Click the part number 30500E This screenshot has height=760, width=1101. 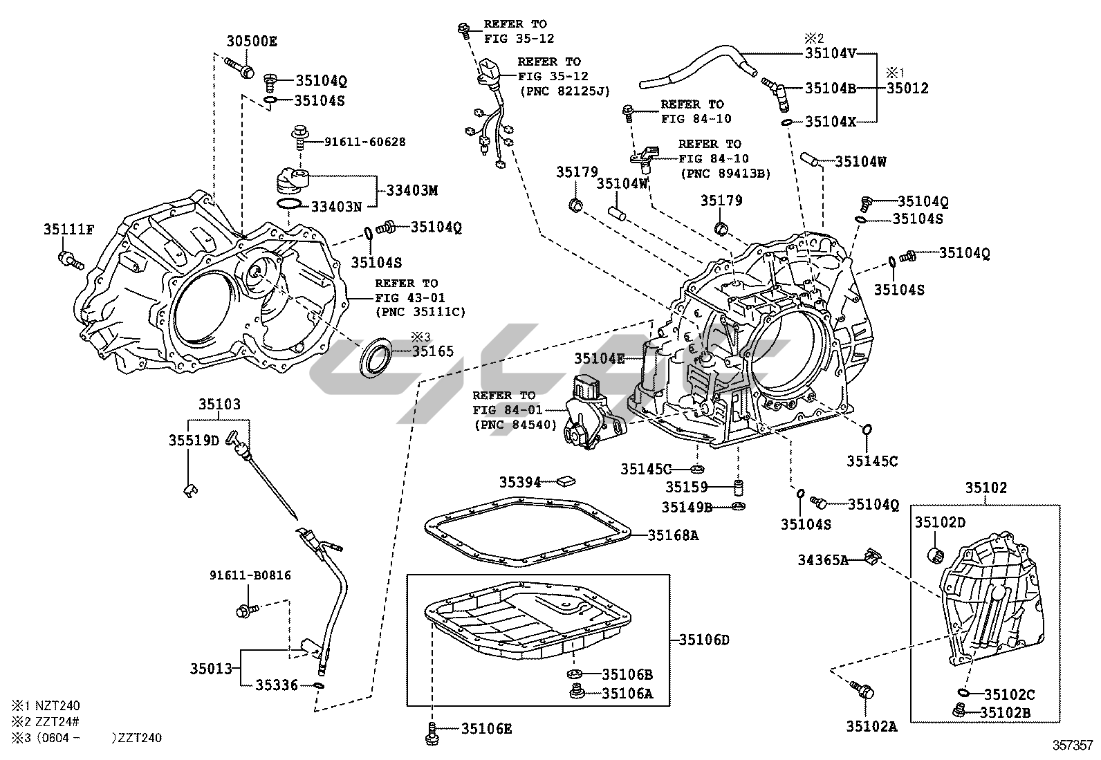coord(252,41)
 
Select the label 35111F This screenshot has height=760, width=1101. coord(68,230)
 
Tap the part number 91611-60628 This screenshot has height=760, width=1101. coord(365,142)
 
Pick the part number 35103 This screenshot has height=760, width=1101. coord(220,405)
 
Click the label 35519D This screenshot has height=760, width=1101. coord(194,440)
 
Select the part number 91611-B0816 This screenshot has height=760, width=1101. coord(250,575)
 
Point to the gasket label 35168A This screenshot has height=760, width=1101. coord(673,535)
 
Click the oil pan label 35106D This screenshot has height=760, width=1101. coord(704,640)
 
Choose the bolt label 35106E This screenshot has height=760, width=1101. coord(487,728)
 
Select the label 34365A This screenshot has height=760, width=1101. coord(823,559)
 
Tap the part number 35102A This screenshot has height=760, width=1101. coord(871,726)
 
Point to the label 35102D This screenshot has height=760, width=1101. coord(941,522)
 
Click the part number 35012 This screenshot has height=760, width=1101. coord(907,89)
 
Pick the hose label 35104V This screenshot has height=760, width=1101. coord(831,53)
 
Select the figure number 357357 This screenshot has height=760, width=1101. coord(1073,745)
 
